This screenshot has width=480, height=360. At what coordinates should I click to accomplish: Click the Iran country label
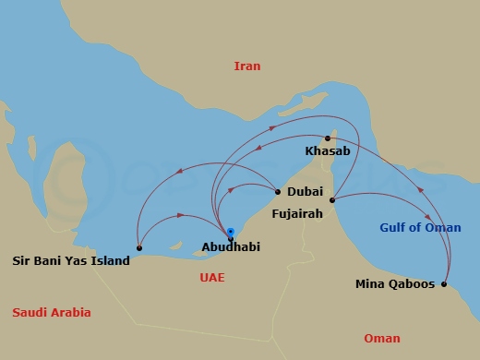(247, 66)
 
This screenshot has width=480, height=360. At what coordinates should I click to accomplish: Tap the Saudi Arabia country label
(52, 313)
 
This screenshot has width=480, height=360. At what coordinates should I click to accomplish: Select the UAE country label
(212, 277)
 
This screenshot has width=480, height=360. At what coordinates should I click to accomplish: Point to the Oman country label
(382, 338)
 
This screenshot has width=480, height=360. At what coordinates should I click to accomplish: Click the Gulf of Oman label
(420, 228)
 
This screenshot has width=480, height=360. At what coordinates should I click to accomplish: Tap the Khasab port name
(328, 151)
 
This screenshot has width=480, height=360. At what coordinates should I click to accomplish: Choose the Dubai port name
(306, 192)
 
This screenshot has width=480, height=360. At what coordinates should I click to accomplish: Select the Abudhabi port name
(230, 247)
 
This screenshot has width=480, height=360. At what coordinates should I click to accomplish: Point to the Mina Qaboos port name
(395, 283)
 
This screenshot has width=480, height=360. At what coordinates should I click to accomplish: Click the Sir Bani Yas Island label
(71, 260)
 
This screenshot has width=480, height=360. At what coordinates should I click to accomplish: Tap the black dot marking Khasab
(328, 138)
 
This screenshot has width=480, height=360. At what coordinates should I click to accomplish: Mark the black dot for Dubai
(277, 192)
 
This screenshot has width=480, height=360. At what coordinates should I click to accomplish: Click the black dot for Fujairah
(331, 200)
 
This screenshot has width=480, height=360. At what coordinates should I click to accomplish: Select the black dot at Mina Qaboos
(444, 284)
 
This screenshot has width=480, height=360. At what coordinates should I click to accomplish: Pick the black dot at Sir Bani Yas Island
(138, 248)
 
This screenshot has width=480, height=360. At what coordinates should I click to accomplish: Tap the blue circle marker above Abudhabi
(231, 232)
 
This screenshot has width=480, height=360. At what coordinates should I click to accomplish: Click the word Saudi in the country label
(30, 313)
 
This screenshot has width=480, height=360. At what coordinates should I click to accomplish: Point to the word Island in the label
(109, 260)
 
